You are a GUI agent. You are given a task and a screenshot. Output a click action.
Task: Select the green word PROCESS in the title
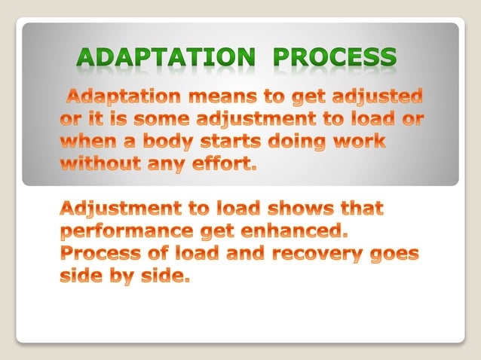334,58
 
